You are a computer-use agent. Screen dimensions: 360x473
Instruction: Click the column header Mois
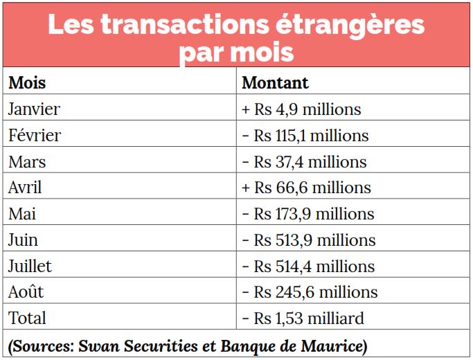(x=27, y=82)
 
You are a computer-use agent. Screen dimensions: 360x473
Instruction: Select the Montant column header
(x=275, y=82)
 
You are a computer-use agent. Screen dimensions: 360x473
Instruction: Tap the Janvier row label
(x=34, y=109)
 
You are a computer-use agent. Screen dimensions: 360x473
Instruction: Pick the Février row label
(x=35, y=135)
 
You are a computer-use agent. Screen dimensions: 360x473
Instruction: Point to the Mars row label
(x=27, y=161)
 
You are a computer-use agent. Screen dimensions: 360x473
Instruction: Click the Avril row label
(x=26, y=188)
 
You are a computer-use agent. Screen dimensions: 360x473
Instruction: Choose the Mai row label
(x=22, y=214)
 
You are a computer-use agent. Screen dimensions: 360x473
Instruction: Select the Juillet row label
(x=30, y=267)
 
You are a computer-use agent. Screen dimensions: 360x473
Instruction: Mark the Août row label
(x=26, y=292)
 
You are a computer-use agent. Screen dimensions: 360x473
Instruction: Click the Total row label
(x=27, y=318)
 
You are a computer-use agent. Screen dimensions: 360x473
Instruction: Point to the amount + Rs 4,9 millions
(x=301, y=109)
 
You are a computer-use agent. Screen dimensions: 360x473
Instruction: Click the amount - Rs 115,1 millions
(x=305, y=135)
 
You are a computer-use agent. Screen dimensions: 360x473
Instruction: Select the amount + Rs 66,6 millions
(x=306, y=188)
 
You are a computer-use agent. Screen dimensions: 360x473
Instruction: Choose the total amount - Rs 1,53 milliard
(x=303, y=318)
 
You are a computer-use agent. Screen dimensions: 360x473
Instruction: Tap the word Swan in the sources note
(x=99, y=345)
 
